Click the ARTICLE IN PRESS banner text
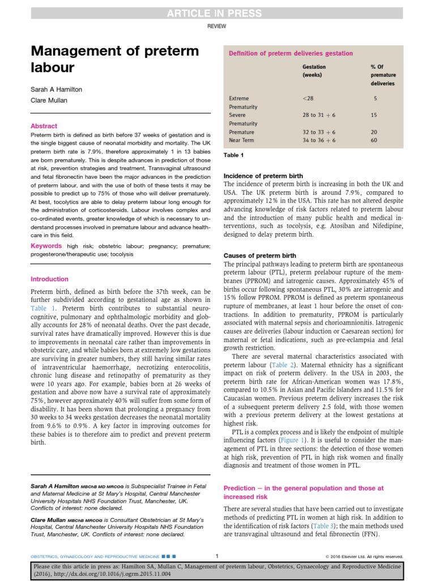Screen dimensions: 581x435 point(217,13)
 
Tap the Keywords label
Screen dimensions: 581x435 point(46,246)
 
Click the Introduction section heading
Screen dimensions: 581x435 point(49,279)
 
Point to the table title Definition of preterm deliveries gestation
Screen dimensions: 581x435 point(290,53)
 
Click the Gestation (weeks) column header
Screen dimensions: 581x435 point(314,71)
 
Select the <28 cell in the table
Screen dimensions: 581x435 point(308,98)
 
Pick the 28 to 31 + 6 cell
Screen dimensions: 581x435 point(319,115)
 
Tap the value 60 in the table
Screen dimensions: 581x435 point(374,140)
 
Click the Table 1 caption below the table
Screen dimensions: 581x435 point(233,155)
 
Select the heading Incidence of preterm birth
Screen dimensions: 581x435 point(263,176)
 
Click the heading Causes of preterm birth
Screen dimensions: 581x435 point(260,256)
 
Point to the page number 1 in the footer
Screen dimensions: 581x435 point(217,556)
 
